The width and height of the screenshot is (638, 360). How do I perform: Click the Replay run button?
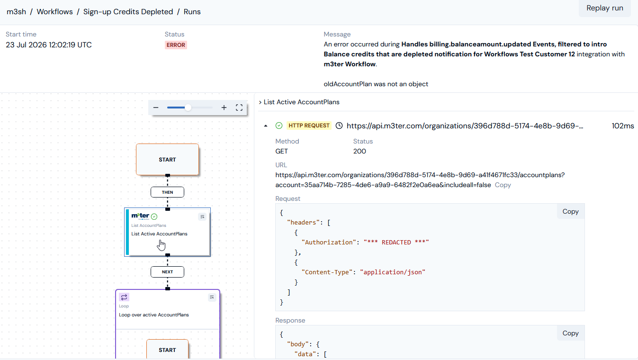pyautogui.click(x=605, y=8)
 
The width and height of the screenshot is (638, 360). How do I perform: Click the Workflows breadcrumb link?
pyautogui.click(x=54, y=12)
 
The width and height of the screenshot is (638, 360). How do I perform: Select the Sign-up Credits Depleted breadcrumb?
pyautogui.click(x=128, y=12)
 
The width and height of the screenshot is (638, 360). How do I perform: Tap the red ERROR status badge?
pyautogui.click(x=176, y=45)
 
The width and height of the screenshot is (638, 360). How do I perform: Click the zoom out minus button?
pyautogui.click(x=155, y=108)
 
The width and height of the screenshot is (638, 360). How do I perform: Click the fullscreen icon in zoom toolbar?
pyautogui.click(x=239, y=108)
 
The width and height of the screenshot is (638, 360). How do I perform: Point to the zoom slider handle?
pyautogui.click(x=188, y=108)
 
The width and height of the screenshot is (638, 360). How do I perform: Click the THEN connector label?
pyautogui.click(x=168, y=192)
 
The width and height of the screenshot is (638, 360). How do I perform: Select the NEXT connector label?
pyautogui.click(x=168, y=272)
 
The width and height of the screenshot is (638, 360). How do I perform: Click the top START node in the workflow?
pyautogui.click(x=168, y=160)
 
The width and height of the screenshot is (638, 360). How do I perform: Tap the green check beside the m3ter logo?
pyautogui.click(x=154, y=217)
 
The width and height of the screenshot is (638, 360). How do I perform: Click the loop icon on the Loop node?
pyautogui.click(x=124, y=297)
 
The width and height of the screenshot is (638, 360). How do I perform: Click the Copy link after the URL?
pyautogui.click(x=503, y=185)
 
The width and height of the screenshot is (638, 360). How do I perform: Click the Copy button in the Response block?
pyautogui.click(x=570, y=333)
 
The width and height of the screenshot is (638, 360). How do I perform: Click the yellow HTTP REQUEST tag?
pyautogui.click(x=309, y=126)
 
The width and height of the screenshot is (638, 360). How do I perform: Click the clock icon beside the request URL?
pyautogui.click(x=339, y=126)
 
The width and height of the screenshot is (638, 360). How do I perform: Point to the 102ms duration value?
pyautogui.click(x=623, y=126)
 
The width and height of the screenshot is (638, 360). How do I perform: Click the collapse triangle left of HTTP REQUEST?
pyautogui.click(x=266, y=126)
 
